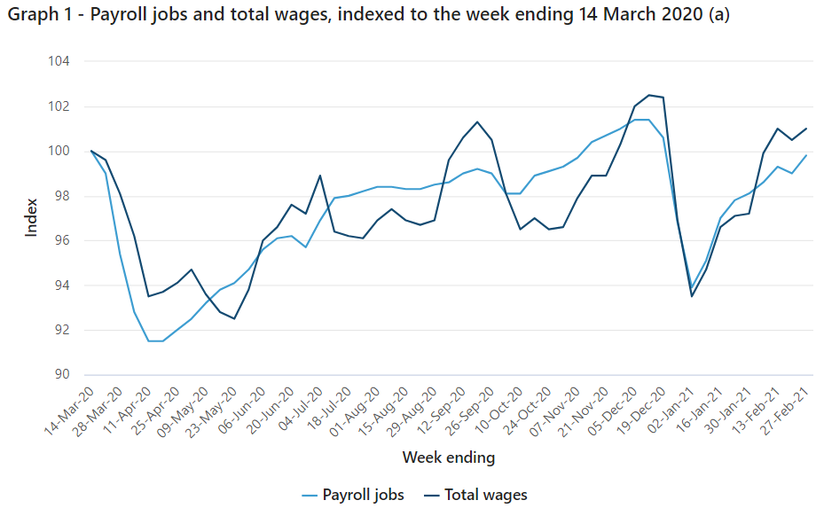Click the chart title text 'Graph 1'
click(35, 17)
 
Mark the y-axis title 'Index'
click(32, 218)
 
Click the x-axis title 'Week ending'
click(449, 457)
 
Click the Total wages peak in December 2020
click(649, 95)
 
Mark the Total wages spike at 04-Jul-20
click(320, 176)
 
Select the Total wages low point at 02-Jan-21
click(692, 296)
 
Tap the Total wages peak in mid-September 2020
click(477, 121)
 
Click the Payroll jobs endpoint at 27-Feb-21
click(806, 155)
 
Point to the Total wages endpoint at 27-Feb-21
click(806, 129)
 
